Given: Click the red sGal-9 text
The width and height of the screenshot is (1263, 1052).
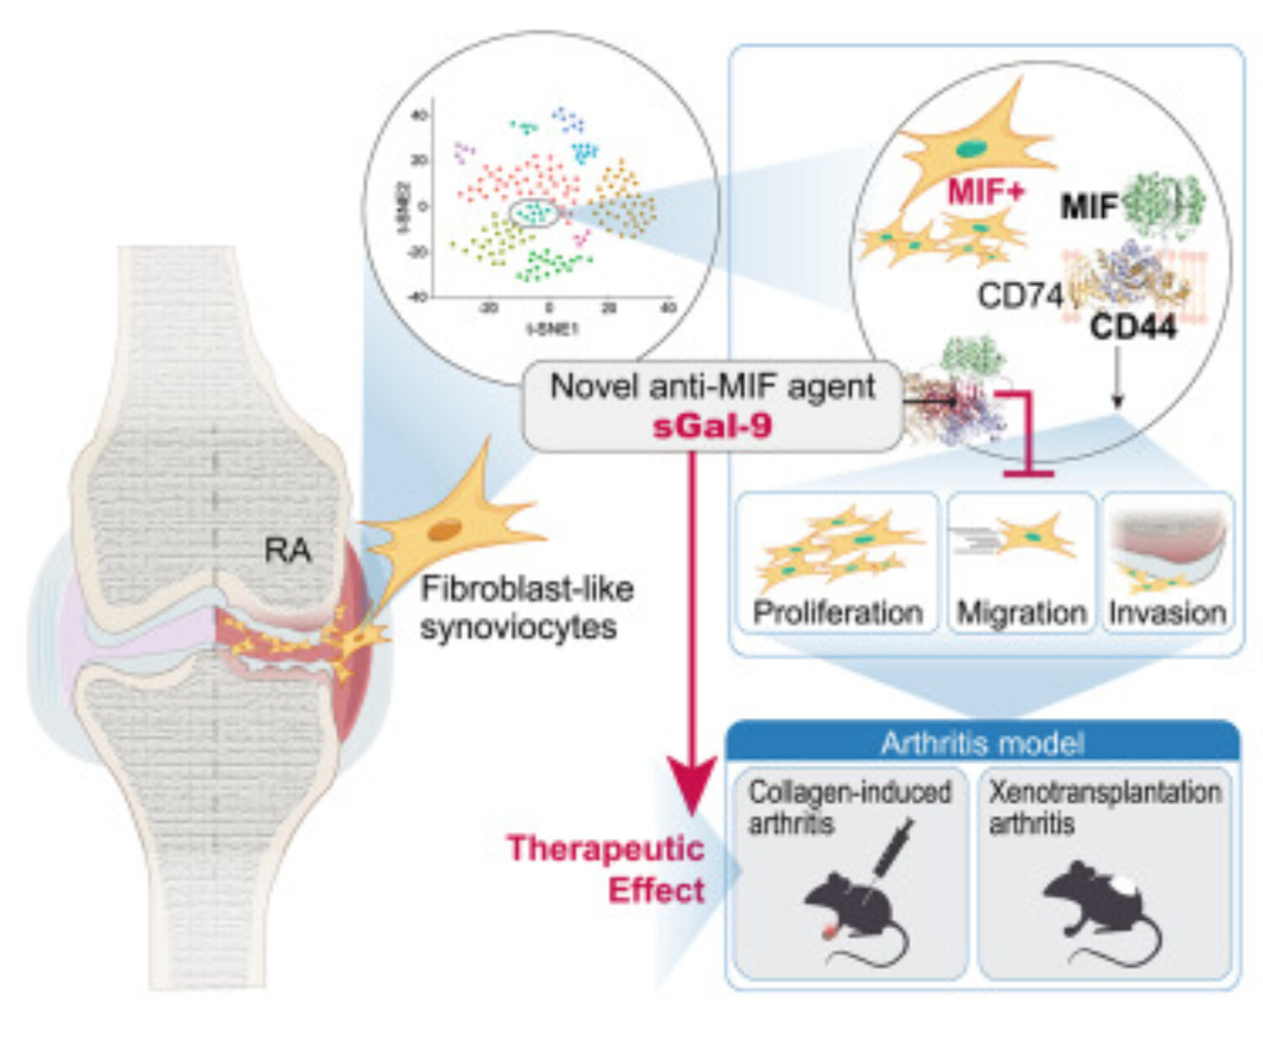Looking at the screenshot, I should (x=711, y=426).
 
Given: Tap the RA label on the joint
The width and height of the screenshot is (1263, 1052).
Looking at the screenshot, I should (x=288, y=550).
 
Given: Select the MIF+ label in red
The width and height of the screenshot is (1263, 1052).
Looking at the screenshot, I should (x=986, y=192).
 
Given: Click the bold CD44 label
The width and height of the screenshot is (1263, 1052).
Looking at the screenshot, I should (x=1132, y=327).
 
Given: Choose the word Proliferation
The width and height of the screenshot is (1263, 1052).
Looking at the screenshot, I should (x=837, y=613).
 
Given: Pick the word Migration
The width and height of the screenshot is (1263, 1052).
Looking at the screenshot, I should (x=1021, y=613).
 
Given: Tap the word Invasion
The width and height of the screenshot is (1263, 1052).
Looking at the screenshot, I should (x=1167, y=613).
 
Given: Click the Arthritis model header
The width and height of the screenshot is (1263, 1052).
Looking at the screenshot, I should (x=982, y=743).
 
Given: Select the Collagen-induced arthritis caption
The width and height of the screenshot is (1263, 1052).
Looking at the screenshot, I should (x=849, y=806).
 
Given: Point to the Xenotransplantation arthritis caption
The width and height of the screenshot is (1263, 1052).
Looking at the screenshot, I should (x=1104, y=806).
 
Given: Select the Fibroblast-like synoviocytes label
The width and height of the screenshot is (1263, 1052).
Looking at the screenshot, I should (x=526, y=607).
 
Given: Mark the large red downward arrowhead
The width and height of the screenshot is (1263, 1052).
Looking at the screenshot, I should (x=691, y=784).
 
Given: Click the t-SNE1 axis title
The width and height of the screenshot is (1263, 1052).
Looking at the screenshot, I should (x=552, y=328).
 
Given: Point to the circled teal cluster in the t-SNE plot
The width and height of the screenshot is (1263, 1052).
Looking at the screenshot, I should (x=533, y=214).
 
